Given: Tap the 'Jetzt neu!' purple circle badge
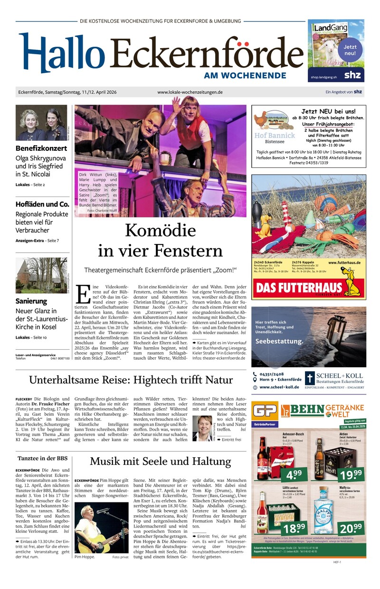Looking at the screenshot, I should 350,49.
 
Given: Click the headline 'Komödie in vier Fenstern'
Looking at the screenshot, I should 160,241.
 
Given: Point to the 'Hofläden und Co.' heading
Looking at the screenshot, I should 42,204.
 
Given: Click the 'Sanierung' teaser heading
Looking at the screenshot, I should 31,301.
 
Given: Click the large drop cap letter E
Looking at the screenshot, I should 83,294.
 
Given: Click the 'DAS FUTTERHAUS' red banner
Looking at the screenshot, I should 299,288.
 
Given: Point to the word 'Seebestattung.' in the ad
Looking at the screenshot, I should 279,341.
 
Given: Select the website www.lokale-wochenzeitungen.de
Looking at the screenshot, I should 190,92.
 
